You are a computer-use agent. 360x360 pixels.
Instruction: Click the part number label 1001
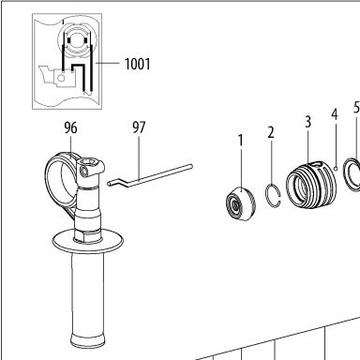click(137, 64)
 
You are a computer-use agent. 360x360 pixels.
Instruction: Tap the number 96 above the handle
click(70, 128)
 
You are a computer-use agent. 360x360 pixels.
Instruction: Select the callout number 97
click(139, 127)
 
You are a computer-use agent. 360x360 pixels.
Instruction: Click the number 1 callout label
click(240, 141)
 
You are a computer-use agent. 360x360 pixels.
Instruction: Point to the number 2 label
click(271, 132)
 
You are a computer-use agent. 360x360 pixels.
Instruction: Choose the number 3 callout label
click(307, 122)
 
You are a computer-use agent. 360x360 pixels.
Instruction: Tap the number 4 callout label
click(335, 114)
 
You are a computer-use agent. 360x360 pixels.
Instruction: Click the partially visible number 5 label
click(357, 107)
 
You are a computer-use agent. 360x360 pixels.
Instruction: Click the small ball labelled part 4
click(336, 169)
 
